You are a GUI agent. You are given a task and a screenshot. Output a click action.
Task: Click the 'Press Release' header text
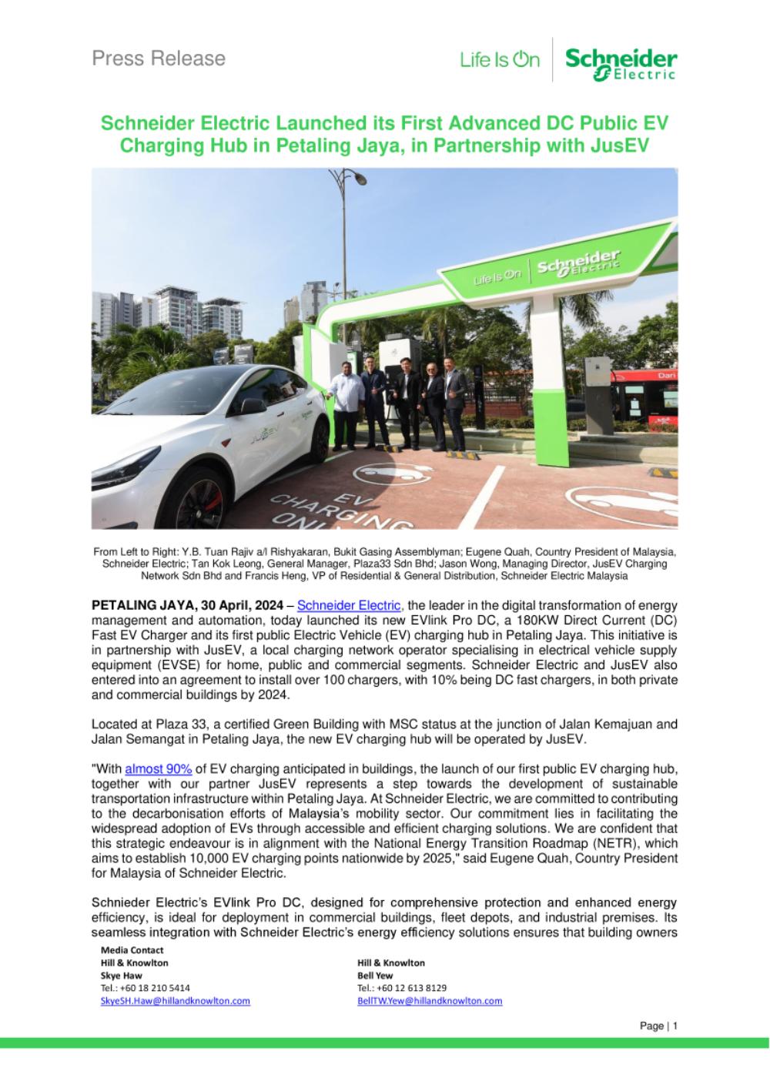click(159, 59)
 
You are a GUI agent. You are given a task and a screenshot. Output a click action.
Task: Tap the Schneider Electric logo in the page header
click(621, 63)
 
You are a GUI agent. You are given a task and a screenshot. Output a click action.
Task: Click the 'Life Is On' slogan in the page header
click(500, 59)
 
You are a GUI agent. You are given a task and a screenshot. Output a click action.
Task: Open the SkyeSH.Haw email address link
click(175, 1001)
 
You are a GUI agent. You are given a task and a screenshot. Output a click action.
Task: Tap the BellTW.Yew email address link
click(430, 1001)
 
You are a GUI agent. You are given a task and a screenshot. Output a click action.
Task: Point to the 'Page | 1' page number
click(658, 1026)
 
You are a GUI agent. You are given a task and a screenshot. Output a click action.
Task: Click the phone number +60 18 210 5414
click(146, 988)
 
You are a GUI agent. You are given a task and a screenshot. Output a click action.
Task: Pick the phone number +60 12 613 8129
click(402, 988)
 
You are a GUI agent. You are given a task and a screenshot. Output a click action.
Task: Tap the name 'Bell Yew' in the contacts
click(375, 975)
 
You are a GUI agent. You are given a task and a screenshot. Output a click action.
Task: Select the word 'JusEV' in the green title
click(621, 146)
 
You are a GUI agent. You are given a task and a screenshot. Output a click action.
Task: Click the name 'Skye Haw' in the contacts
click(121, 975)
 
